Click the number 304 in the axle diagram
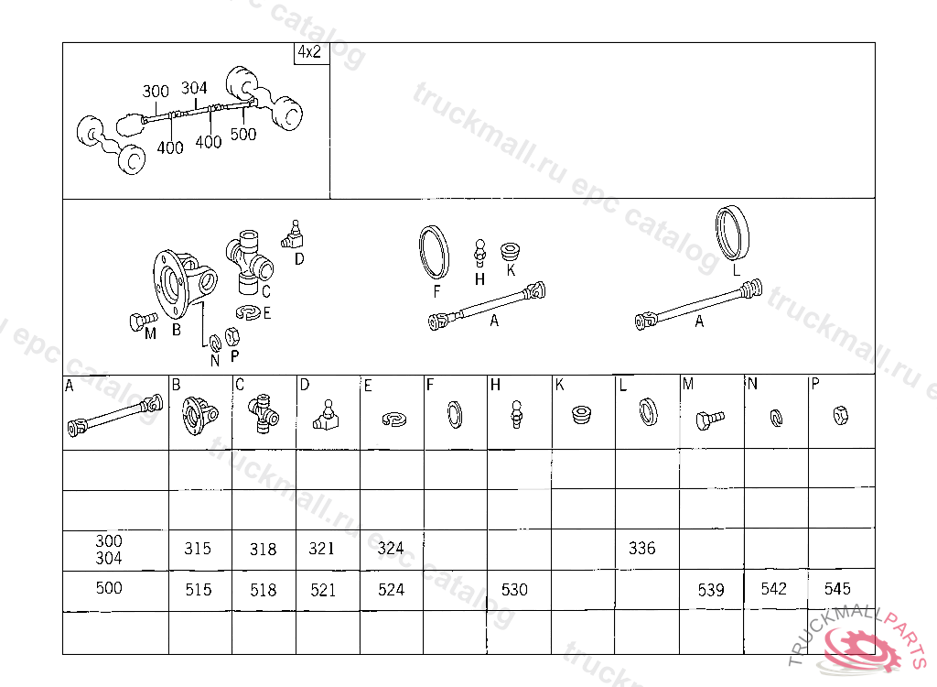tap(194, 89)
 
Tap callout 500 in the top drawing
tap(243, 134)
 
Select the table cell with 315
tap(200, 550)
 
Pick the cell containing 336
tap(647, 549)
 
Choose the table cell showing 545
tap(842, 590)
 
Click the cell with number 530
tap(520, 590)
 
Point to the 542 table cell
tap(776, 590)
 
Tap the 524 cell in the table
tap(392, 590)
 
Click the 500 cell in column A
tap(116, 591)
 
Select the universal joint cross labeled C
tap(249, 262)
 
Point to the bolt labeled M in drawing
tap(142, 322)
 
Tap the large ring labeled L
tap(733, 234)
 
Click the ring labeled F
tap(435, 252)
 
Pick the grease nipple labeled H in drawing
tap(479, 254)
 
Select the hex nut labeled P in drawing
tap(232, 337)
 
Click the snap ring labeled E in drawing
tap(249, 311)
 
